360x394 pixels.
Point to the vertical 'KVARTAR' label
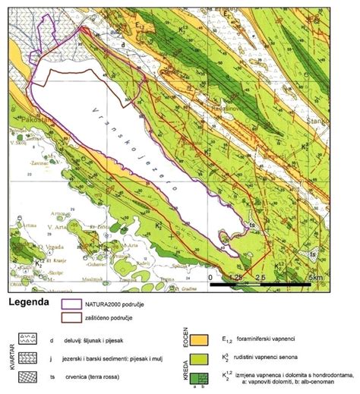point(10,357)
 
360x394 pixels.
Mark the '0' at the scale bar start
point(210,279)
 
